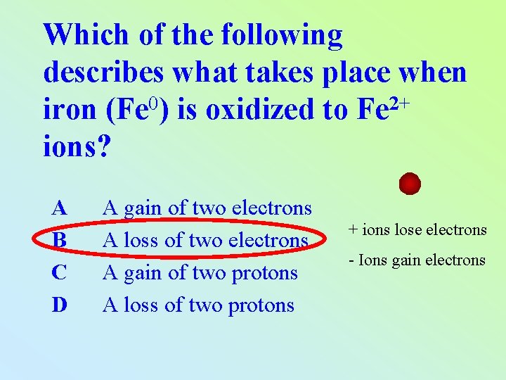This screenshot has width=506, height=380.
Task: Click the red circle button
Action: point(410,184)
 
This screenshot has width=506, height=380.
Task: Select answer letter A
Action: point(60,208)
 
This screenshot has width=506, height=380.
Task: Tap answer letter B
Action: point(60,241)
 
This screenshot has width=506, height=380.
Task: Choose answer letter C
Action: point(60,273)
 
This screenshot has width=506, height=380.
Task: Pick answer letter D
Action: point(60,305)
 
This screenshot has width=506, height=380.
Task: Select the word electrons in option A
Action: point(271,208)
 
